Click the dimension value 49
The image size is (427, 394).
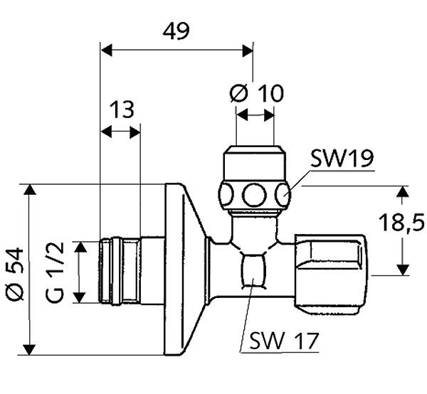pos(176,31)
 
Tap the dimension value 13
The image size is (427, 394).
pos(122,110)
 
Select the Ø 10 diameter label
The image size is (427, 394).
pos(256,93)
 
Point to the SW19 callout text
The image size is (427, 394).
pos(342,158)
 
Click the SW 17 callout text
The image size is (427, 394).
pos(284,341)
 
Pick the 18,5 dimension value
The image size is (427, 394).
pos(401,222)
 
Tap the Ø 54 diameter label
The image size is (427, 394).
pos(15,274)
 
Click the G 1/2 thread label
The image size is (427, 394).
pos(55,272)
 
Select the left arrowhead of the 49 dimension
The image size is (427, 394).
pos(106,50)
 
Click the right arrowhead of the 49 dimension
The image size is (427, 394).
pos(248,50)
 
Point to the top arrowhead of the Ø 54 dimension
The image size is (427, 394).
pos(29,189)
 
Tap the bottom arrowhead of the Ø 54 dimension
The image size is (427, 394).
pos(29,350)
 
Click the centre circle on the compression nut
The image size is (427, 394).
pos(254,195)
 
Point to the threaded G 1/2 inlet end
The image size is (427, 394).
pos(120,272)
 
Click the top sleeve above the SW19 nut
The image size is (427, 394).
pos(255,163)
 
